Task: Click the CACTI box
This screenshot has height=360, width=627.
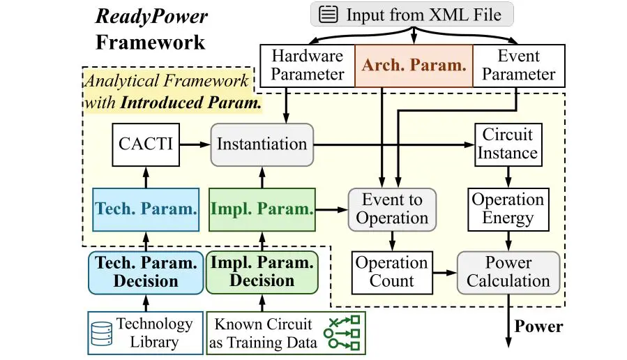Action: click(x=145, y=144)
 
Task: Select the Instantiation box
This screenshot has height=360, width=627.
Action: click(x=262, y=144)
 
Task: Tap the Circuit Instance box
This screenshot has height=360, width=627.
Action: click(x=507, y=144)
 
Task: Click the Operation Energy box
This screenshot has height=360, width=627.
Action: click(x=507, y=209)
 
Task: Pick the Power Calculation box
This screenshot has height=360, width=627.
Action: click(x=508, y=272)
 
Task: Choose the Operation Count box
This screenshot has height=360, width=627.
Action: click(x=391, y=272)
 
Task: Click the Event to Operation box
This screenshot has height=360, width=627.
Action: click(x=391, y=209)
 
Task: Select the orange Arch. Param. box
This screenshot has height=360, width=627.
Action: click(x=414, y=66)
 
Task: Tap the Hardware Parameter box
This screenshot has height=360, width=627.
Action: click(x=307, y=66)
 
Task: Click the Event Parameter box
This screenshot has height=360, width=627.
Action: click(x=518, y=66)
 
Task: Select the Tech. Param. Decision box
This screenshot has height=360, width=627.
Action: click(x=146, y=272)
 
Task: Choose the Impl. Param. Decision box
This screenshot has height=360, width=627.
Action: click(x=262, y=272)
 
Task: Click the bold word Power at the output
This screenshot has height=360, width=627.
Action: click(x=538, y=326)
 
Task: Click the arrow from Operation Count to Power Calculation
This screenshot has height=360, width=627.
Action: click(x=444, y=272)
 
